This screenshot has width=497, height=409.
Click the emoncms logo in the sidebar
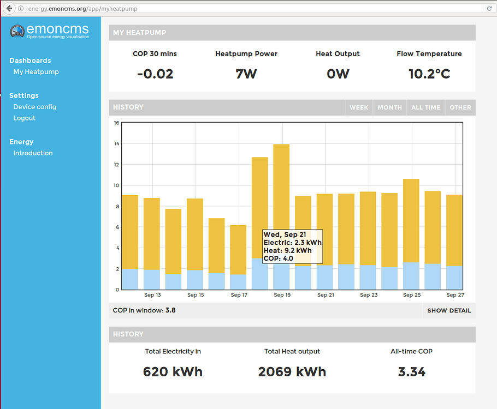pyautogui.click(x=49, y=31)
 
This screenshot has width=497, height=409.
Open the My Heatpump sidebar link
pyautogui.click(x=36, y=72)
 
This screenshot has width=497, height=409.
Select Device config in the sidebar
pyautogui.click(x=35, y=107)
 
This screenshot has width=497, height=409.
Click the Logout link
pyautogui.click(x=25, y=118)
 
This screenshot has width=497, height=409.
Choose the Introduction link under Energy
pyautogui.click(x=33, y=153)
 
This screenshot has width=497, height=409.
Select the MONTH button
pyautogui.click(x=389, y=107)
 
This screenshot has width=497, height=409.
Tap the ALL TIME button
pyautogui.click(x=425, y=107)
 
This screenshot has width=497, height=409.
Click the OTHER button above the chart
pyautogui.click(x=460, y=107)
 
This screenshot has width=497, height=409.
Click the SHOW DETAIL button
pyautogui.click(x=449, y=311)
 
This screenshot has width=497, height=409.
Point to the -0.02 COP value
pyautogui.click(x=155, y=74)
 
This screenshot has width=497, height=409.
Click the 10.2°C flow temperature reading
pyautogui.click(x=429, y=74)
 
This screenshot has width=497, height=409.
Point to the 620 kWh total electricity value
pyautogui.click(x=173, y=372)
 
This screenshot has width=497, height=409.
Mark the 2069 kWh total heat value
pyautogui.click(x=292, y=372)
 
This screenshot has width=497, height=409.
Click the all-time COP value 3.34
pyautogui.click(x=411, y=372)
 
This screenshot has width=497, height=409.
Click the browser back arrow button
pyautogui.click(x=9, y=9)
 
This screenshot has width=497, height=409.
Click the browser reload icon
pyautogui.click(x=489, y=9)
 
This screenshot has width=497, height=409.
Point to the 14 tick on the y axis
pyautogui.click(x=116, y=144)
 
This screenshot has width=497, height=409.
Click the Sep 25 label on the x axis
pyautogui.click(x=412, y=295)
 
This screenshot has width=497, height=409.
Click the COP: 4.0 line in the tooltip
pyautogui.click(x=279, y=258)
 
